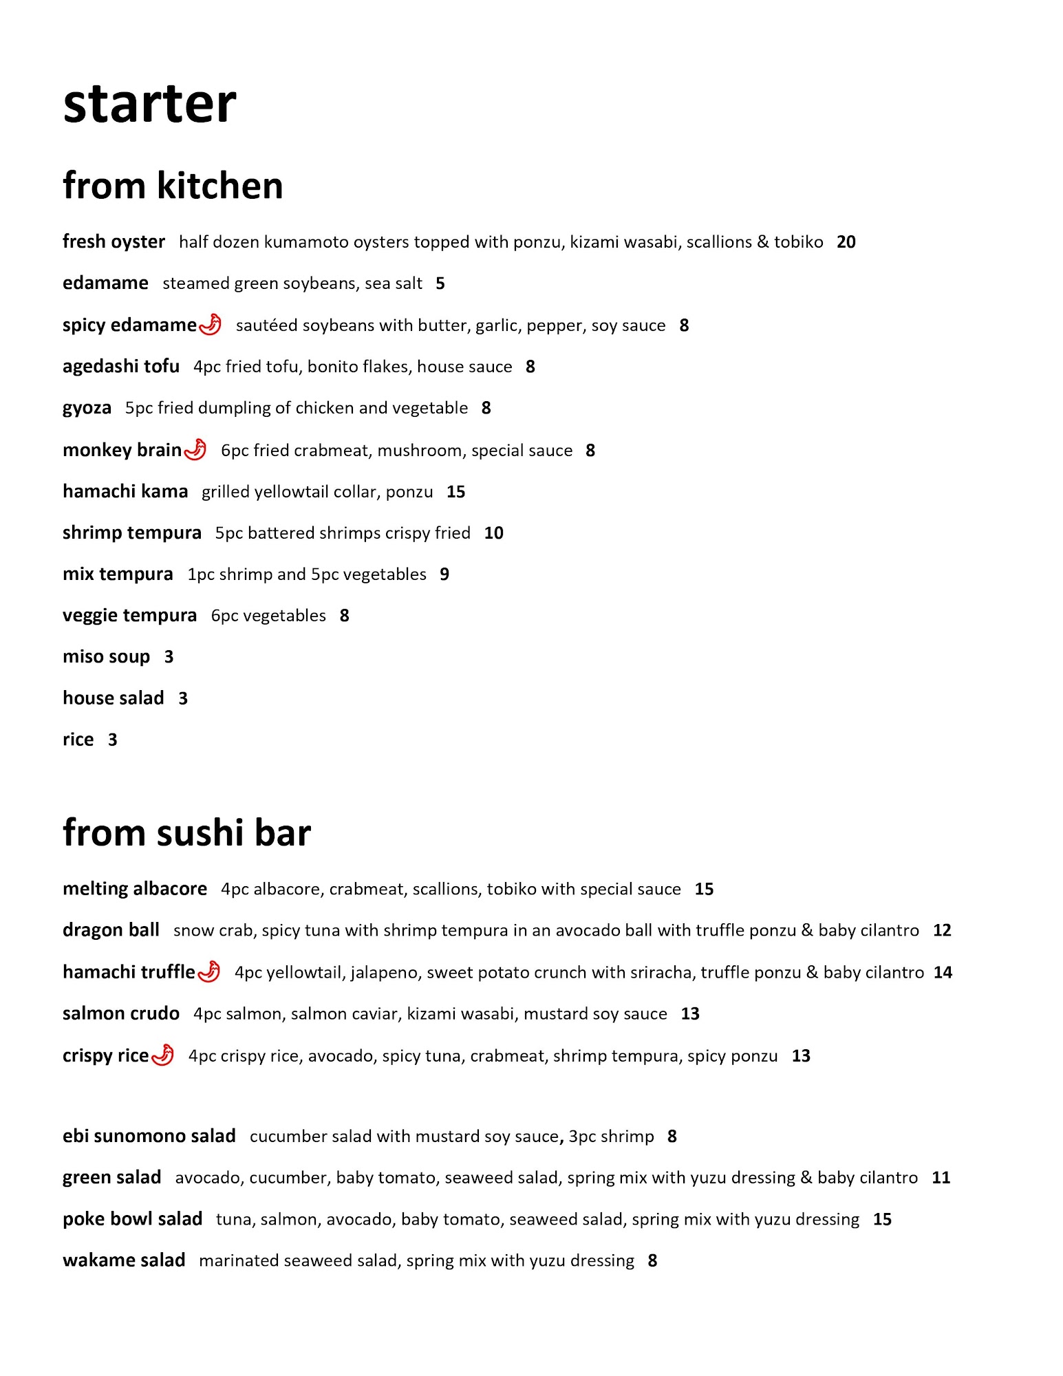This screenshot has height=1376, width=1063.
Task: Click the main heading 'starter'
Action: coord(149,104)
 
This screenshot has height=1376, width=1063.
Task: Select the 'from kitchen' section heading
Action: coord(173,186)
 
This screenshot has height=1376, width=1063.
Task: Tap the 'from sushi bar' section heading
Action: coord(186,832)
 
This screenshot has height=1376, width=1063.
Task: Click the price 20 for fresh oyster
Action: coord(846,242)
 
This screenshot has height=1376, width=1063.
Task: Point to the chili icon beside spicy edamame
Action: coord(211,324)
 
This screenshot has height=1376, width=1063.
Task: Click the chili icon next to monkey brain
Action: coord(196,449)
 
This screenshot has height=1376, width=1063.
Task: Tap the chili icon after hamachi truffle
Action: coord(209,971)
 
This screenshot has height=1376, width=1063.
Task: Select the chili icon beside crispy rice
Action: coord(163,1055)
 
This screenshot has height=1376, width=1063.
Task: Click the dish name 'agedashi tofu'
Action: coord(121,366)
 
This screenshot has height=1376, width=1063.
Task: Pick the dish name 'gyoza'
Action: coord(87,408)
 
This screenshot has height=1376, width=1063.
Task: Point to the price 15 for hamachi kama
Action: coord(455,492)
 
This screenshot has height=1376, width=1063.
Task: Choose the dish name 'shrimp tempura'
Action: coord(132,533)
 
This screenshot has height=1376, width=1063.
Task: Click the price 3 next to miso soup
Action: coord(169,657)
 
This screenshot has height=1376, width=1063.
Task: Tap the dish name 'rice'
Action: coord(78,740)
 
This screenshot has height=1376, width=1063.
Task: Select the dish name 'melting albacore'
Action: coord(135,889)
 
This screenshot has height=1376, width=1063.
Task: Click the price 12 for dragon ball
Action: coord(942,930)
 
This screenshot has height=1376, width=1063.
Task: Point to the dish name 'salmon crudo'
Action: coord(121,1013)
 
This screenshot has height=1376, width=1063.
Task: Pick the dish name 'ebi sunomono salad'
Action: coord(149,1136)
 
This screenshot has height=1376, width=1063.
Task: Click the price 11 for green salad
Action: coord(941,1178)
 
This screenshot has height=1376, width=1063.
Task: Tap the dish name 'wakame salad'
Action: coord(124,1260)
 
